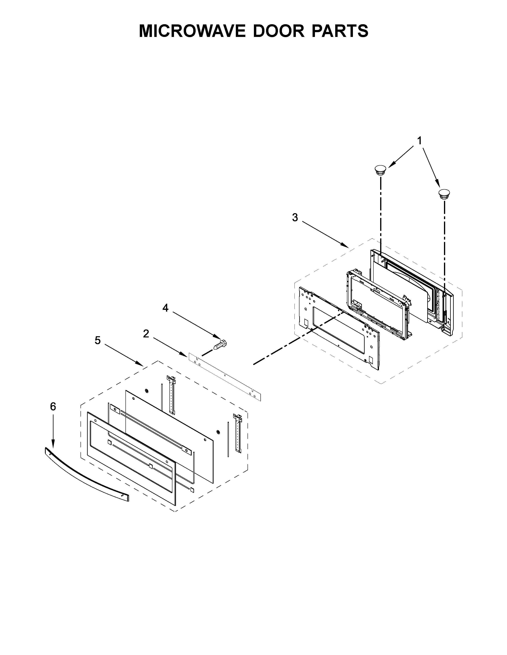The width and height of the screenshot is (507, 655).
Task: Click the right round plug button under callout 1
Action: click(x=444, y=194)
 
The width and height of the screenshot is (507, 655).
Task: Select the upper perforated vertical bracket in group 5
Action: click(x=172, y=395)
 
